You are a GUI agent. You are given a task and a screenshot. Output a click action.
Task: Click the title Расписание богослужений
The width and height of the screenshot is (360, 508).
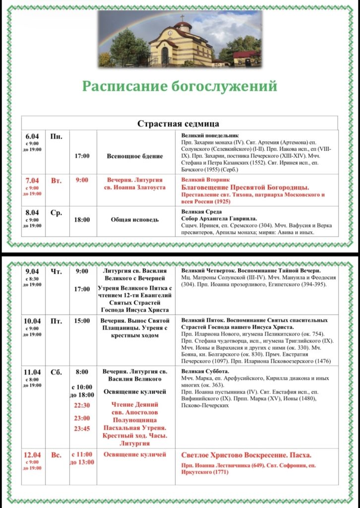click(180, 86)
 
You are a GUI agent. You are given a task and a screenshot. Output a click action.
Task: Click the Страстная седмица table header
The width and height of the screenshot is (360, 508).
click(178, 123)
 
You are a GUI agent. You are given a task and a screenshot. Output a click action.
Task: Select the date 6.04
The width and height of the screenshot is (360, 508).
click(32, 136)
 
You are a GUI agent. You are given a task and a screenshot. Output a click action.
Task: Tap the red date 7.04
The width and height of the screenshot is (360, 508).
click(32, 181)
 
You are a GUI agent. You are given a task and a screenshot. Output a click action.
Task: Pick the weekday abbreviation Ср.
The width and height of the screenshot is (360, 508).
click(56, 213)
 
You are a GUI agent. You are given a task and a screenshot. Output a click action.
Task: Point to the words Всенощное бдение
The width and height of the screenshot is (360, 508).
click(134, 156)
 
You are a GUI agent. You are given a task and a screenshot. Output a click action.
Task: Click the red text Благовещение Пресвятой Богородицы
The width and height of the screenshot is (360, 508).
click(245, 187)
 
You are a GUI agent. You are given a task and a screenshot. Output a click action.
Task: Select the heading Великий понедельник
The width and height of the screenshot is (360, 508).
click(210, 135)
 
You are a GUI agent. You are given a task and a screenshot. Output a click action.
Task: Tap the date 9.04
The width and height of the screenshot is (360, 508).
click(32, 271)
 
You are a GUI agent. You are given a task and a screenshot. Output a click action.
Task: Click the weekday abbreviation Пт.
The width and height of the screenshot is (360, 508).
click(56, 321)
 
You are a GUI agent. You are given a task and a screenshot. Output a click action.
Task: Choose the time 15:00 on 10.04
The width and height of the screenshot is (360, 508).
click(82, 321)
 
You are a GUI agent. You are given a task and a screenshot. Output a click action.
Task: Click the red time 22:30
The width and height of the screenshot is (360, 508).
click(82, 405)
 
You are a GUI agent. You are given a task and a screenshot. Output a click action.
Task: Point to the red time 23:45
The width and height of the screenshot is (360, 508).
click(82, 429)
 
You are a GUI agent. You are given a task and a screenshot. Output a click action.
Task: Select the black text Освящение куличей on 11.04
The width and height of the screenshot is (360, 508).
click(134, 392)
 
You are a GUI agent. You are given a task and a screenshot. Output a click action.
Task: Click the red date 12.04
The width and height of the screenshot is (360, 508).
click(32, 455)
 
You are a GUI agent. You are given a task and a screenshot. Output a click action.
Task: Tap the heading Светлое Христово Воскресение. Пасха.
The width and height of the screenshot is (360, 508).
click(246, 455)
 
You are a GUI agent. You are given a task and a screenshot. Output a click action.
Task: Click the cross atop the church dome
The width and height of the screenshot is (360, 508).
click(182, 18)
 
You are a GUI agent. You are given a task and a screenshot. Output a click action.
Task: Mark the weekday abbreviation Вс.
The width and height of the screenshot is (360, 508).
click(56, 455)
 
